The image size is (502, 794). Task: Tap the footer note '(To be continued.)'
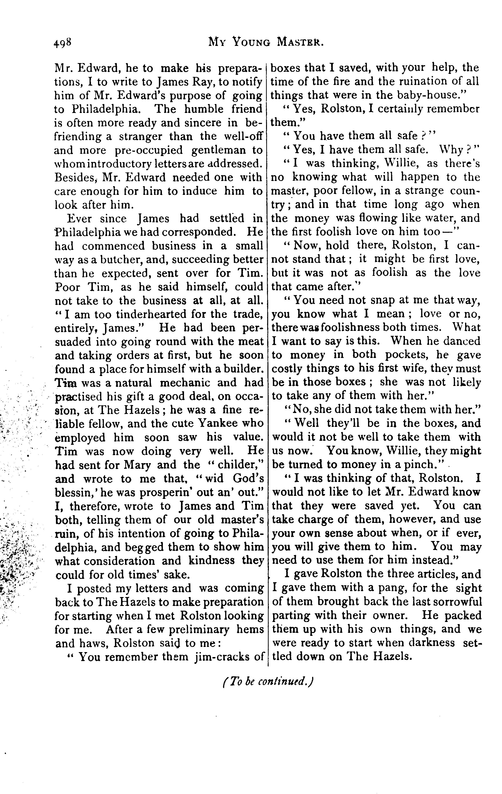pos(267,682)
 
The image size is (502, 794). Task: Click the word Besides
pos(75,178)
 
